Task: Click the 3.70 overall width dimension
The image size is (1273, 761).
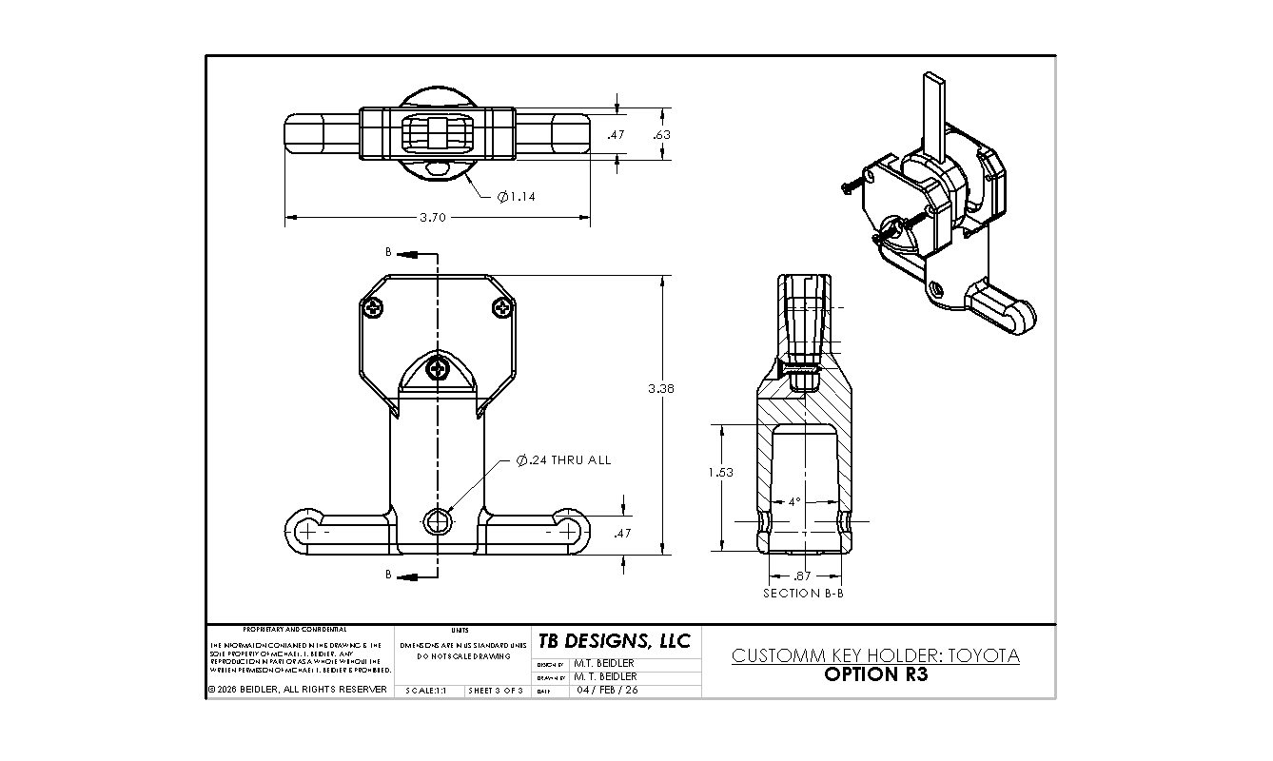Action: [433, 218]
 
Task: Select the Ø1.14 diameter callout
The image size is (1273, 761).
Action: [516, 197]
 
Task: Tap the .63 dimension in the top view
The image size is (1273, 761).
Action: [661, 135]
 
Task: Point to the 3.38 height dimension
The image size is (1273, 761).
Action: [660, 388]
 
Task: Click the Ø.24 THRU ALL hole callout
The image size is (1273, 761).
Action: [563, 460]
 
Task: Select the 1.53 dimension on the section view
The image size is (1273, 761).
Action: [720, 473]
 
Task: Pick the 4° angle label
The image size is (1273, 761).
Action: [795, 501]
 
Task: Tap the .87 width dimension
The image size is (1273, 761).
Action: [802, 576]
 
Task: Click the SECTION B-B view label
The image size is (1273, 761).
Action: [803, 594]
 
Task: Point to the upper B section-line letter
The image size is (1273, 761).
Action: [388, 252]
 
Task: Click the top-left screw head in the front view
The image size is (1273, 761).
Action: [373, 307]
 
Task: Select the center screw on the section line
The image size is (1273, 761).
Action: [437, 367]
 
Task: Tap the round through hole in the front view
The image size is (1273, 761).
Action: [437, 520]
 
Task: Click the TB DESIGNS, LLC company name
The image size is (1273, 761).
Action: [614, 641]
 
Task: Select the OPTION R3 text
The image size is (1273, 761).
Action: [875, 675]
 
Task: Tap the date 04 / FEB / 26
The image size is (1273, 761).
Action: [607, 691]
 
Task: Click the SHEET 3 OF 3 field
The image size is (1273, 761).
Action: [496, 691]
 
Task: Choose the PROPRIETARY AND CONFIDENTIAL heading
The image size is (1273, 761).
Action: [295, 630]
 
